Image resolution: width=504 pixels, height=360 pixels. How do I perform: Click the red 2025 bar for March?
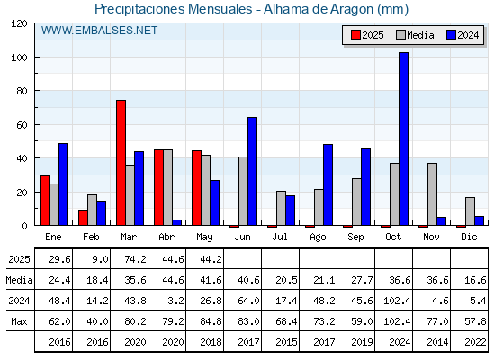click(x=121, y=163)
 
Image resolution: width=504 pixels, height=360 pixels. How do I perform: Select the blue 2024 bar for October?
click(x=404, y=139)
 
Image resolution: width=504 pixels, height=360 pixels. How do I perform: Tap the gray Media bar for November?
click(x=432, y=194)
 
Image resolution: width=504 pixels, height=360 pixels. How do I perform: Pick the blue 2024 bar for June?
click(x=252, y=171)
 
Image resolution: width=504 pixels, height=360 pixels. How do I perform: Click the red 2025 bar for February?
click(x=83, y=218)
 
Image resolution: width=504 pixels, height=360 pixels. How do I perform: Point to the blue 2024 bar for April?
click(x=176, y=222)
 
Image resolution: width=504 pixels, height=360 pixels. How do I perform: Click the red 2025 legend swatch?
click(x=355, y=35)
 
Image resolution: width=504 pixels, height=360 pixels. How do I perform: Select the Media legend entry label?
click(x=420, y=35)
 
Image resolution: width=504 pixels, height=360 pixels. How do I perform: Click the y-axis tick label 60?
click(x=22, y=125)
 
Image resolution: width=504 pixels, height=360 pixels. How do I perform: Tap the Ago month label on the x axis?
click(x=318, y=238)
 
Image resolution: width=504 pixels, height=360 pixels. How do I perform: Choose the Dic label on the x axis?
click(x=469, y=237)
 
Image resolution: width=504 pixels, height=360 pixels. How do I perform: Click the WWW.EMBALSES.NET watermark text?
click(x=99, y=31)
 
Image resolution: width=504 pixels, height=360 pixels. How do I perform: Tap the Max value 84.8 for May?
click(x=211, y=321)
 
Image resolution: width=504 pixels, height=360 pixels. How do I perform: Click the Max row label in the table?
click(x=19, y=321)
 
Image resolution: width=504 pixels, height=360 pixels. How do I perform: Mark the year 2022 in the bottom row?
click(x=475, y=342)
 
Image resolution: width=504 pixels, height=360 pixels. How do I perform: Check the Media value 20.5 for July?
click(x=286, y=280)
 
